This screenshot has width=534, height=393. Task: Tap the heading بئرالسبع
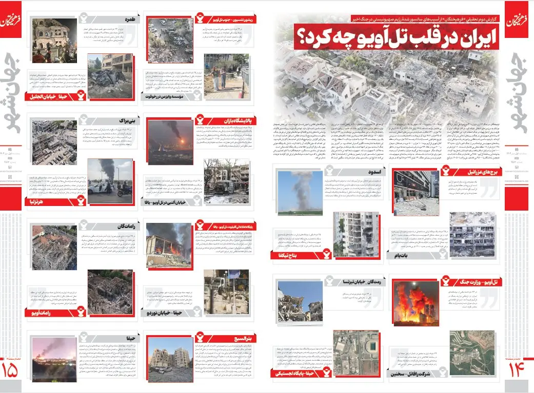click(x=240, y=338)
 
